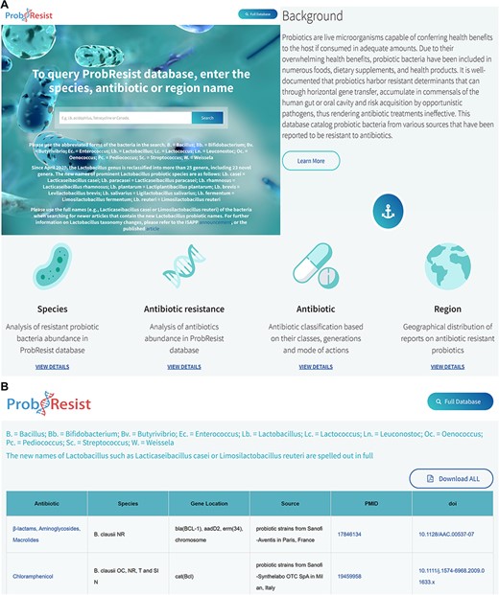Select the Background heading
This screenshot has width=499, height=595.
[313, 16]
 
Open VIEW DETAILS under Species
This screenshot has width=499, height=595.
[52, 366]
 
